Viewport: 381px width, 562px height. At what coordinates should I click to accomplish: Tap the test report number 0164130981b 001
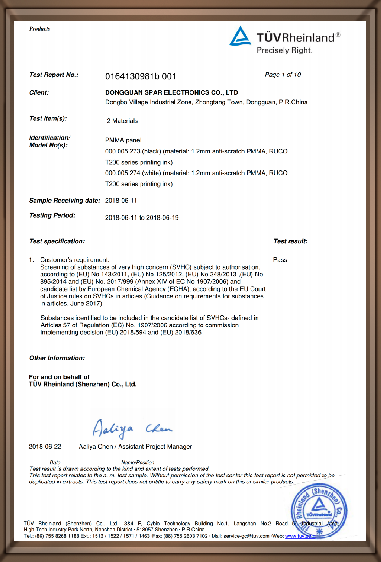click(x=140, y=76)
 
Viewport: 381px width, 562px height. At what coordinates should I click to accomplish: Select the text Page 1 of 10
click(x=283, y=75)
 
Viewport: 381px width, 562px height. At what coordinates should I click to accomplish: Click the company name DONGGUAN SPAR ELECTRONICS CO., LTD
click(x=171, y=92)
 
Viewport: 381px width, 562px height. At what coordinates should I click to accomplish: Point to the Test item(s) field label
click(x=48, y=119)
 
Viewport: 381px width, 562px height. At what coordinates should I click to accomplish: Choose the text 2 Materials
click(x=122, y=121)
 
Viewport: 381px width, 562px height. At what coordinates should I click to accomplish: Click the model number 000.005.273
click(x=123, y=151)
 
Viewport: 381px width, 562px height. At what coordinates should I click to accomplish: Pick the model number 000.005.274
click(x=123, y=173)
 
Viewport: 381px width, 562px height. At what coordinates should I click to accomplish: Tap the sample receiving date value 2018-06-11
click(x=121, y=201)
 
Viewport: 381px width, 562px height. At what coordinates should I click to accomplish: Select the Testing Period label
click(x=52, y=215)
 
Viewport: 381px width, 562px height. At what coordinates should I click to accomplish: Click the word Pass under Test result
click(x=280, y=260)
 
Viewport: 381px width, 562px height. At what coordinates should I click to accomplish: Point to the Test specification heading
click(x=57, y=241)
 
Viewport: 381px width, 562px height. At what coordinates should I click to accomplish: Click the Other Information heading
click(x=57, y=358)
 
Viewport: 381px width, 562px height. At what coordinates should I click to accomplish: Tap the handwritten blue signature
click(x=132, y=429)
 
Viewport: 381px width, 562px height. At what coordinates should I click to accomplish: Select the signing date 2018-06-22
click(x=45, y=447)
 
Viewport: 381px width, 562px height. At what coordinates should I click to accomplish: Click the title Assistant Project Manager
click(x=155, y=447)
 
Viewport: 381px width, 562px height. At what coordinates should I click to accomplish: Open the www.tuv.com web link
click(x=300, y=536)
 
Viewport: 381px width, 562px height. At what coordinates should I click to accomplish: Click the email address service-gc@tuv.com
click(x=246, y=536)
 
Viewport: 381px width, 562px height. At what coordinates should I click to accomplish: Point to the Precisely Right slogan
click(x=284, y=50)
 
